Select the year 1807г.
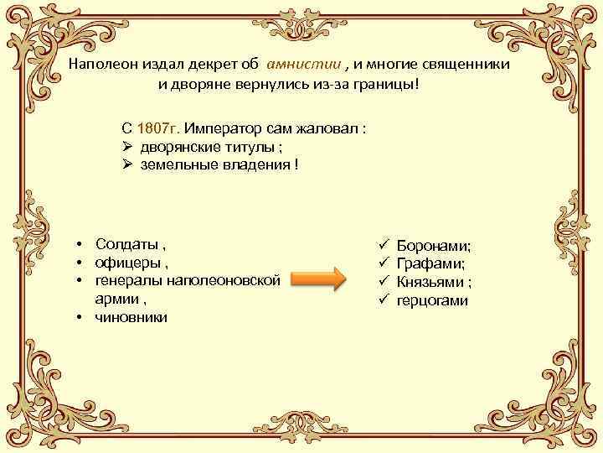tap(157, 130)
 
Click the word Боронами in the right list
tap(433, 246)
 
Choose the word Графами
tap(430, 264)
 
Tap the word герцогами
tap(432, 300)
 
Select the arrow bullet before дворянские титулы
tap(128, 148)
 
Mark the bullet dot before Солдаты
tap(76, 245)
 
